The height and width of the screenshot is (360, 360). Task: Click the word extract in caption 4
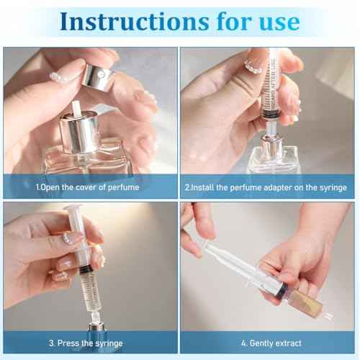289,343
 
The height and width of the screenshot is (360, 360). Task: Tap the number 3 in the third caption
51,343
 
